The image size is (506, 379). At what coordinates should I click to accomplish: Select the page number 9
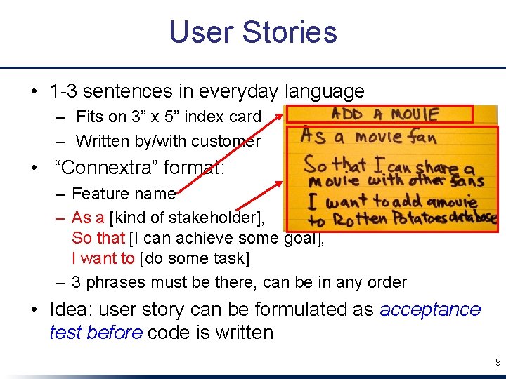(x=498, y=362)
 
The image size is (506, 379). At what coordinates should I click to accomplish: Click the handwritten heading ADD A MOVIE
(x=384, y=114)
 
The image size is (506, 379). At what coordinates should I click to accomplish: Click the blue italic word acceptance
(x=430, y=310)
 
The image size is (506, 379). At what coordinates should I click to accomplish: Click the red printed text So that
(x=98, y=238)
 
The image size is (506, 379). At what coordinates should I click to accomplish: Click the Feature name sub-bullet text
(x=123, y=194)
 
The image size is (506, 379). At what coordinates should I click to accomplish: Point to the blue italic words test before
(x=96, y=332)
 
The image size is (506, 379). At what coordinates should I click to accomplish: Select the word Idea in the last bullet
(x=68, y=310)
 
